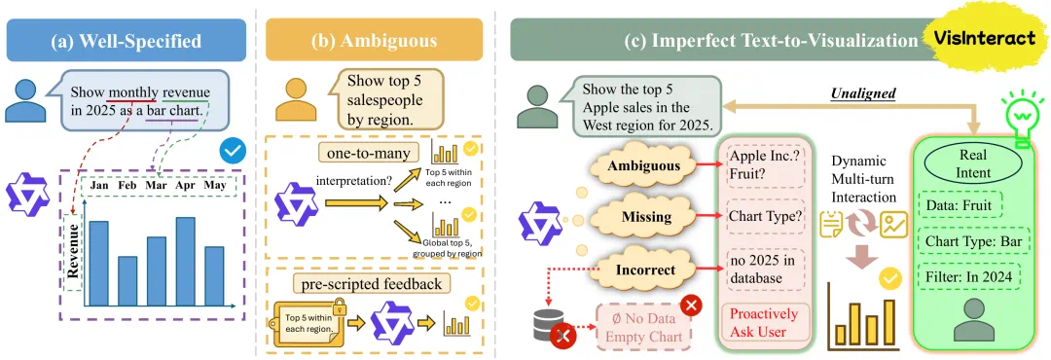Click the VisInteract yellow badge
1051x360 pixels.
pos(989,39)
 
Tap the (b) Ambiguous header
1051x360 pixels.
pos(374,41)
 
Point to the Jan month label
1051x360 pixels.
pos(100,185)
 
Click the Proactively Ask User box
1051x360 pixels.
pos(764,322)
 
